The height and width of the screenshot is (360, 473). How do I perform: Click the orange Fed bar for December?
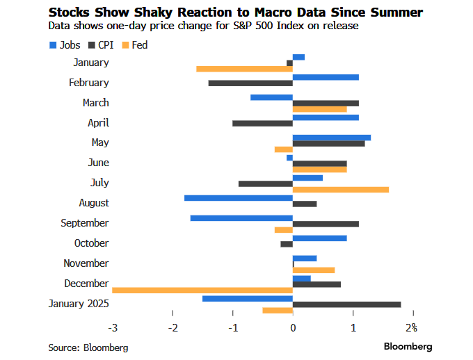[x=202, y=291]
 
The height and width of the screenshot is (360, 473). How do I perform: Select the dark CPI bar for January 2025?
[x=346, y=304]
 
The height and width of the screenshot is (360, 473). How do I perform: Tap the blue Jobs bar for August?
[x=238, y=197]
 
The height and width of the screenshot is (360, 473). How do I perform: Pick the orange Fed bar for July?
[x=341, y=190]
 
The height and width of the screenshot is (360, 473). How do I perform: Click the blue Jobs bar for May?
[x=331, y=137]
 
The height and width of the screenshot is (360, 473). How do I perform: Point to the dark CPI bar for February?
[x=250, y=83]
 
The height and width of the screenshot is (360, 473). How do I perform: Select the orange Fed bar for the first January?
[x=244, y=69]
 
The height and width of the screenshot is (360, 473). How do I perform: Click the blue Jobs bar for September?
[x=241, y=218]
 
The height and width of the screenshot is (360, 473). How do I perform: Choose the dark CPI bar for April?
[x=262, y=123]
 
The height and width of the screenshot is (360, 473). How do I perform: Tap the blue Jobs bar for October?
[x=319, y=238]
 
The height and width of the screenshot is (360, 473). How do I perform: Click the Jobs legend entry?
[x=65, y=45]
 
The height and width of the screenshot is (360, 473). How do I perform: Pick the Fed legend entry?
[x=134, y=45]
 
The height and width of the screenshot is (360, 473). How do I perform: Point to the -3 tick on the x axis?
[x=111, y=327]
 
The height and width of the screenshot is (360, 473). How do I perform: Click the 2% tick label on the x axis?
[x=411, y=327]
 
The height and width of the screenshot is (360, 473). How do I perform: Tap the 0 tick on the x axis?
[x=293, y=327]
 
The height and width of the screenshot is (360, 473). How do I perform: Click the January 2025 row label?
[x=78, y=304]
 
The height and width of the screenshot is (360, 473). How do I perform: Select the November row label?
[x=86, y=263]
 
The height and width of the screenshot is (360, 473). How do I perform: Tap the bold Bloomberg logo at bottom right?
[x=408, y=346]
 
